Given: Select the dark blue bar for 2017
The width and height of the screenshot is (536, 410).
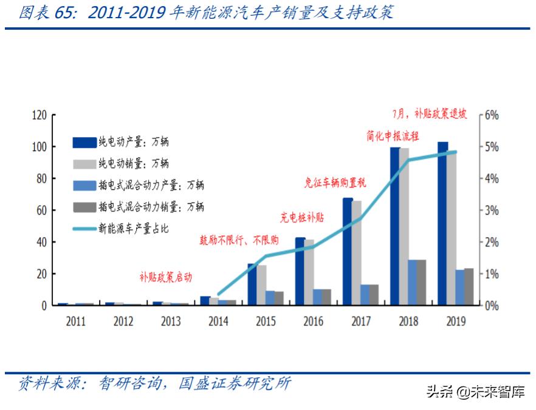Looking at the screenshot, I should coord(348,251).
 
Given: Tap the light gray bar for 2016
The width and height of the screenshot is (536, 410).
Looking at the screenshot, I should coord(309,272).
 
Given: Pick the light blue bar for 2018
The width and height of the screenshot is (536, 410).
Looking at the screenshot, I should coord(413,283).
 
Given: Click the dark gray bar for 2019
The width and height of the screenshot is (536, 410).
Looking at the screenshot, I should coord(469,287).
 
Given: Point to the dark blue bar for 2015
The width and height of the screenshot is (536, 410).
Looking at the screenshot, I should coord(252,284).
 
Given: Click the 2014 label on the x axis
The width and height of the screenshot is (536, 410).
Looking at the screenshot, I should coord(218,321).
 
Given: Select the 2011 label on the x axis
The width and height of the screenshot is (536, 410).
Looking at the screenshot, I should coord(76,321).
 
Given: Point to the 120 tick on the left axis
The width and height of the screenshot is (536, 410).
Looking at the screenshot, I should coord(40,115).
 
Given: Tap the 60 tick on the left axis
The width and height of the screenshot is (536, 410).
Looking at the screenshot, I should coord(42,210).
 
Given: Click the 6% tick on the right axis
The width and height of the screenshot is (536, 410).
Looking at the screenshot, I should coord(491,115).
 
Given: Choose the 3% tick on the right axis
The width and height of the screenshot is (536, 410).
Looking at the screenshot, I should coord(491,210).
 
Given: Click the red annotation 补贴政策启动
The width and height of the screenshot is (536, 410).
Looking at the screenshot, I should coord(165,278).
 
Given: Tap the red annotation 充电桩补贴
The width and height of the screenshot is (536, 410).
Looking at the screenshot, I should coord(302,217).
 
